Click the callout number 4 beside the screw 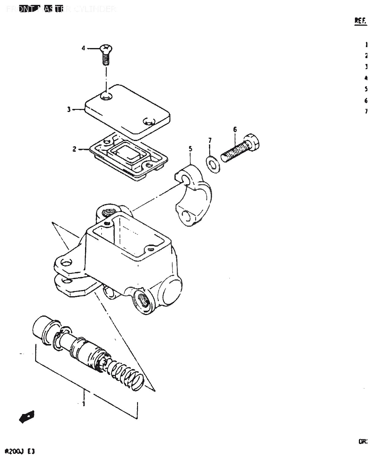pos(83,48)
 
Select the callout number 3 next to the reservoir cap pos(69,109)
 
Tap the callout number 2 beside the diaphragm pos(74,149)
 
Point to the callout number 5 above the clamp pos(191,149)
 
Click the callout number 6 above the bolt pos(235,129)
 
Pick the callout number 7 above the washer pos(210,140)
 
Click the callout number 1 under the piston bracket pos(84,404)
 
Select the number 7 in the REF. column pos(366,112)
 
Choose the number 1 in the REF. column pos(366,45)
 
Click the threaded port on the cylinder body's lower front pos(143,300)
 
